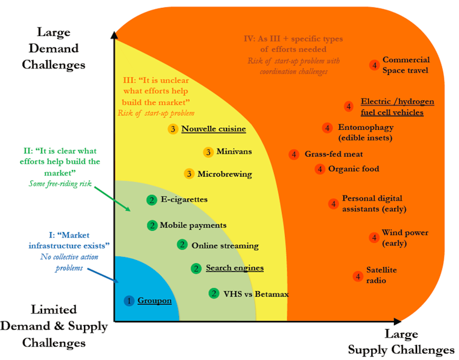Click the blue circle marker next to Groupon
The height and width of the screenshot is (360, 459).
(128, 300)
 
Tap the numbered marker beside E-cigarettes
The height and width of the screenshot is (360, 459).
(152, 199)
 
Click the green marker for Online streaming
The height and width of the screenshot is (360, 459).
(182, 245)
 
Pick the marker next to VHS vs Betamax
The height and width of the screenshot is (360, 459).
(214, 293)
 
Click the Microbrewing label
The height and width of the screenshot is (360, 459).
(225, 174)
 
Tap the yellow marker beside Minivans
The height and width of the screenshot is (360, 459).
(208, 152)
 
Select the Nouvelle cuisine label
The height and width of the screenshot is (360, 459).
(214, 129)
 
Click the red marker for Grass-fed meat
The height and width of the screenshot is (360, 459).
(294, 155)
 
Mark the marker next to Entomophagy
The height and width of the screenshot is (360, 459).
(327, 128)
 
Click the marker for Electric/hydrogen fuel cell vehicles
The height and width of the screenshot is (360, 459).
(348, 107)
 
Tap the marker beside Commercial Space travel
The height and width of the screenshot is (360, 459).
(374, 65)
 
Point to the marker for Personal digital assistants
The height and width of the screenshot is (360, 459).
(333, 204)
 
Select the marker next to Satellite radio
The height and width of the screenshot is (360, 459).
(357, 276)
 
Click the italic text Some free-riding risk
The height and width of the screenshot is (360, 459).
(60, 183)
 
